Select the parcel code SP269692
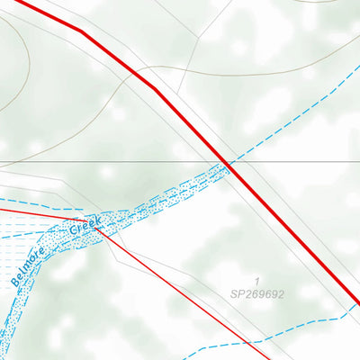(256, 293)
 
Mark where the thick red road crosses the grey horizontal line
(225, 162)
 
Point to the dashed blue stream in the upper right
(306, 108)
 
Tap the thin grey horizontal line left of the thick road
(108, 162)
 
